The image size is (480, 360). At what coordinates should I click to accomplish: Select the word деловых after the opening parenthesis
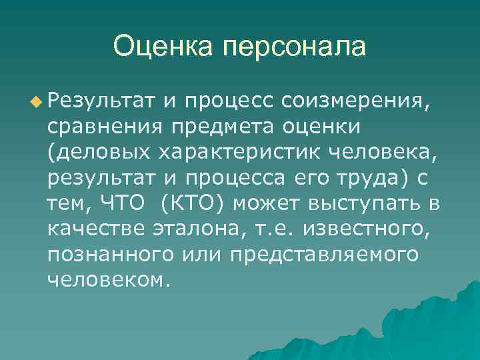click(x=103, y=153)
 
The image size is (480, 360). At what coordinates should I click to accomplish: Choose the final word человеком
click(x=105, y=279)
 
